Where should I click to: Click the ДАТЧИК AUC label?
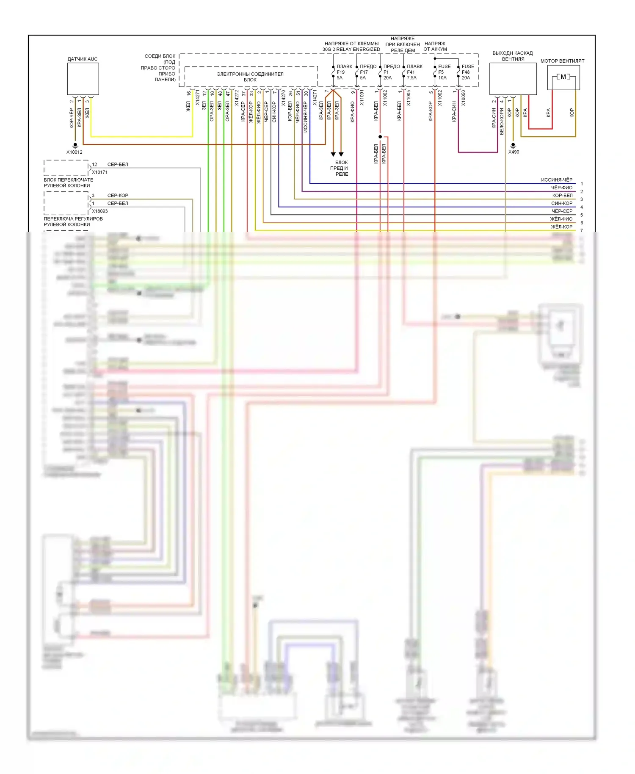coord(82,59)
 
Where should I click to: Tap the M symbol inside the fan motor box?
coord(563,77)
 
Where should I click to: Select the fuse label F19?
coord(341,72)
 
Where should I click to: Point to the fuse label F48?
coord(466,72)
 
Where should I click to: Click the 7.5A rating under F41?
coord(412,78)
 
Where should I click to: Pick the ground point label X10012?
coord(75,152)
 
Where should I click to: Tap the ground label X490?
coord(514,152)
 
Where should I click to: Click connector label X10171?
coord(100,172)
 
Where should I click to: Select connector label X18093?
coord(100,211)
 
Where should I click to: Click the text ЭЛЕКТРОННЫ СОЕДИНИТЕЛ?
coord(250,74)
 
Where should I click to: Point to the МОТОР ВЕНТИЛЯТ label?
coord(562,61)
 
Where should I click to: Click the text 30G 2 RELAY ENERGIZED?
coord(351,50)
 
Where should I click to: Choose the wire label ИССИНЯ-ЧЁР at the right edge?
coord(556,180)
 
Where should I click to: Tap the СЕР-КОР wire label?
coord(118,196)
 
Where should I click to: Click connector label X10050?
coord(463,98)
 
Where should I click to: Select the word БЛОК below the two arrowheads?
coord(342,163)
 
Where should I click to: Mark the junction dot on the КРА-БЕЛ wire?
coord(380,137)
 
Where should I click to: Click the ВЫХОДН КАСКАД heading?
coord(512,53)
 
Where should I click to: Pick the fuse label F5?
coord(441,72)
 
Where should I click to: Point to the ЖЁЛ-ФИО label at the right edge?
coord(561,219)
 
